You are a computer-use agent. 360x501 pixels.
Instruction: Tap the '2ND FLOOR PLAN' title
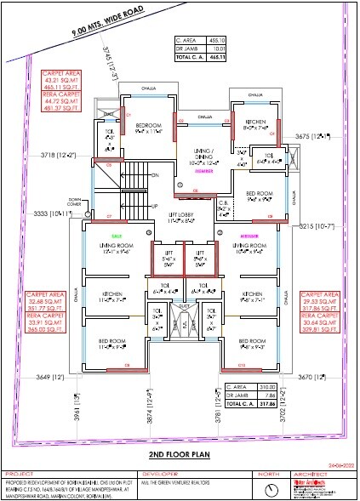[179, 455]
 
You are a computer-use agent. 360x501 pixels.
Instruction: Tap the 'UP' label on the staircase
[154, 206]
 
